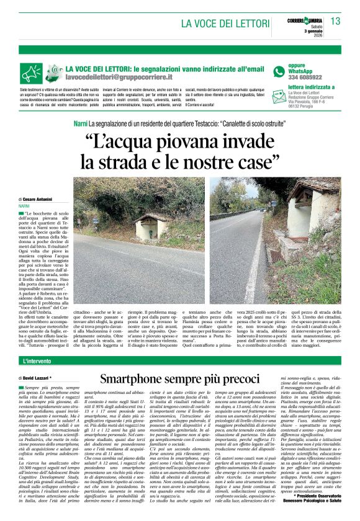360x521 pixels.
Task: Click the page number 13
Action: click(336, 22)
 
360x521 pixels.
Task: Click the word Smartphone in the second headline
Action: click(134, 377)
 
